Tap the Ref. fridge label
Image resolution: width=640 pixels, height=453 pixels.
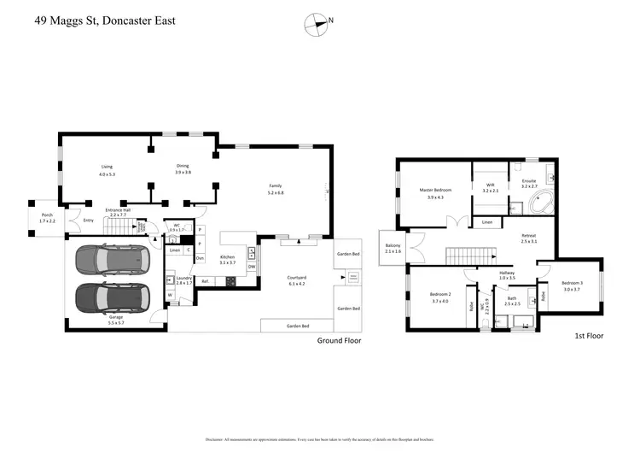tap(206, 281)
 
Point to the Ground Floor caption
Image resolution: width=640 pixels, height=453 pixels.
tap(339, 340)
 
